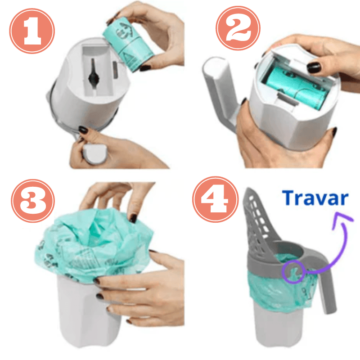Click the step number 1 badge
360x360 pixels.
tap(32, 31)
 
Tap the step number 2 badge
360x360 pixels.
tap(238, 28)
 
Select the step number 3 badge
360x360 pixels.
tap(33, 201)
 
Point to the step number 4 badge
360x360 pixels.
tap(216, 199)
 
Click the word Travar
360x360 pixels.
tap(316, 198)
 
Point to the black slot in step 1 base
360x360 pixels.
tap(94, 75)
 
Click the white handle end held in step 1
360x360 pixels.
tap(94, 153)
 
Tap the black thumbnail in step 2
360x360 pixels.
tap(314, 67)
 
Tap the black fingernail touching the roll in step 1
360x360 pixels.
tap(145, 67)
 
